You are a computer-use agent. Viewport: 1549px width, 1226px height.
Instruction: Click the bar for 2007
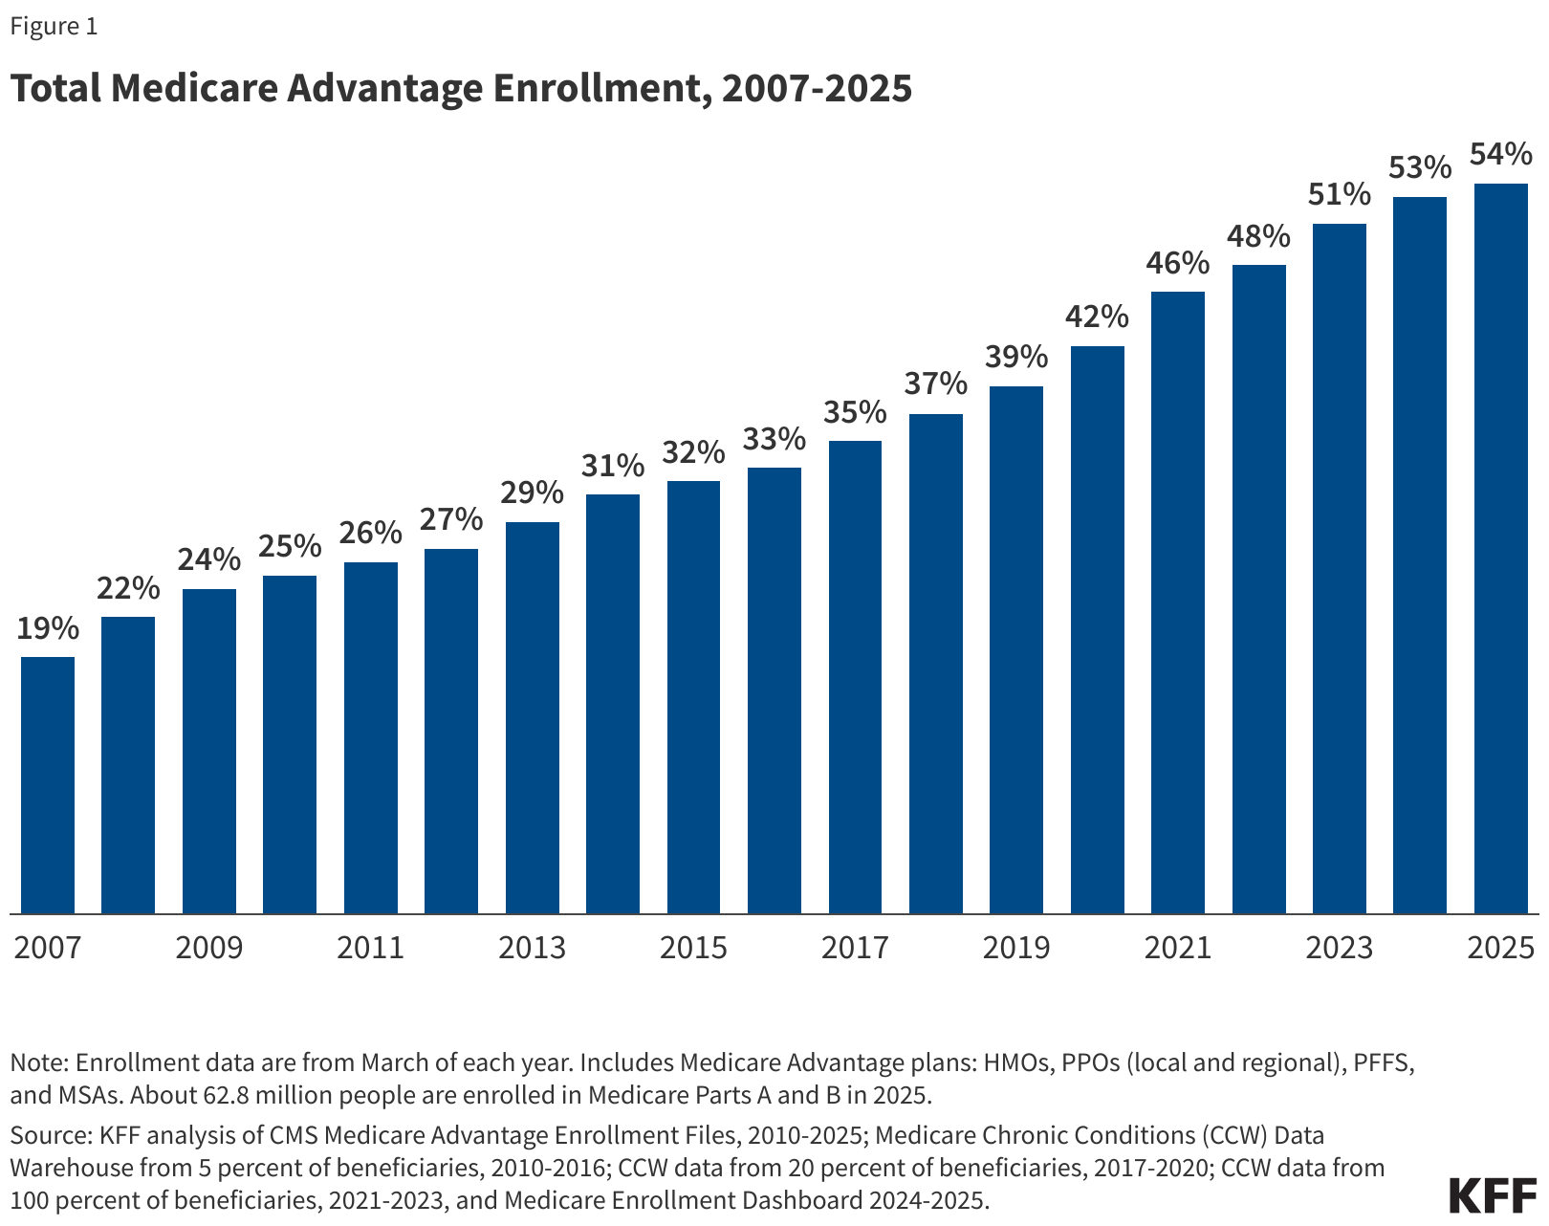coord(48,784)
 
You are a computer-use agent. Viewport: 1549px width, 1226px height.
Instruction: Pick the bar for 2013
coord(532,717)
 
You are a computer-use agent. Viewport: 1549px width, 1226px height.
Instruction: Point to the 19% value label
coord(48,628)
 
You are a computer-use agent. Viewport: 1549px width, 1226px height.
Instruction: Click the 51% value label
coord(1339,195)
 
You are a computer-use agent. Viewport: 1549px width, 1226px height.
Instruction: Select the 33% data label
coord(774,440)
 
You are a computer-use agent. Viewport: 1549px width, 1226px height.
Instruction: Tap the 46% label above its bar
coord(1178,263)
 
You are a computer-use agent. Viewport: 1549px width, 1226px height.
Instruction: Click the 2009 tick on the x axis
coord(209,948)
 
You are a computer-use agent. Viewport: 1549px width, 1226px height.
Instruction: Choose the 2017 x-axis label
coord(855,948)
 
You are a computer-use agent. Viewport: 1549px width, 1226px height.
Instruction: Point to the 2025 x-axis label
coord(1500,948)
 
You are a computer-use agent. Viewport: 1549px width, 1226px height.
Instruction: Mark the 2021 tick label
coord(1178,948)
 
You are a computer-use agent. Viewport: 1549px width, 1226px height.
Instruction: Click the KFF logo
coord(1493,1195)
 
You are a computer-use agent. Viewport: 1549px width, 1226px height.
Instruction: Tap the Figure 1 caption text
coord(54,27)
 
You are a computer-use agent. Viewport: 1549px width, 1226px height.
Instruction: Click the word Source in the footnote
coord(49,1135)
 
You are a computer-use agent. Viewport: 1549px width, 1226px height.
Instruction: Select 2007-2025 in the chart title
coord(817,88)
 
